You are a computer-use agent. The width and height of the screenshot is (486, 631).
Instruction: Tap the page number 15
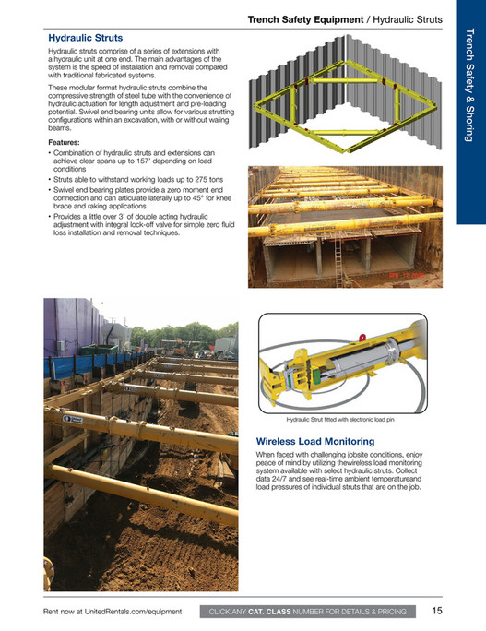[438, 611]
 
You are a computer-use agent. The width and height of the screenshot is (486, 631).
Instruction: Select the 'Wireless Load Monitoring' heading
[314, 442]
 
